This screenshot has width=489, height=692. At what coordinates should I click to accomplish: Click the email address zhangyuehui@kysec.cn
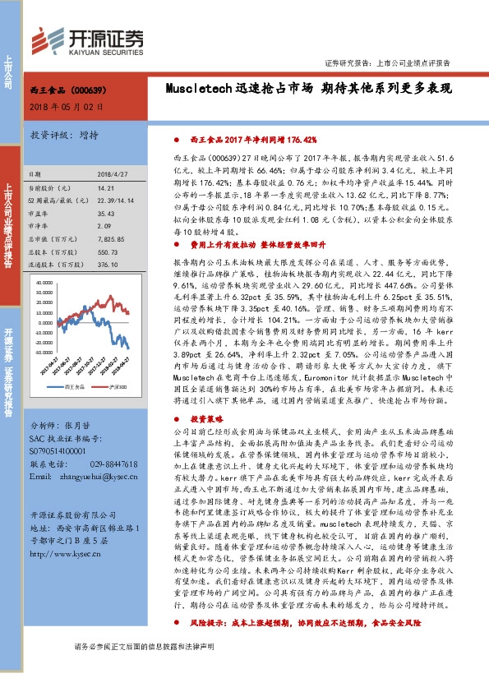(x=99, y=476)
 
